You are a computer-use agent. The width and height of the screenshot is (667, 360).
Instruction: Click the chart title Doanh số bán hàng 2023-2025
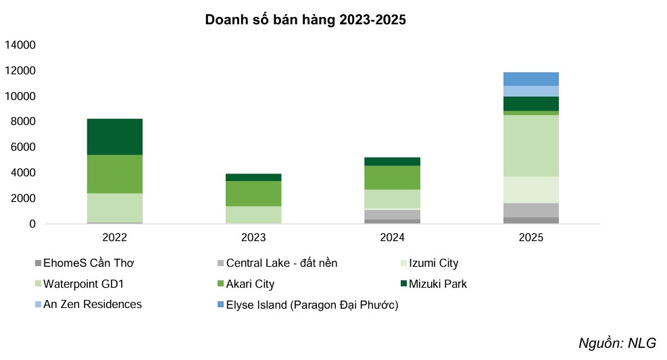coord(305,20)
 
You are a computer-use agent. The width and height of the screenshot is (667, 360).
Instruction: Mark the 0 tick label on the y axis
coord(31,224)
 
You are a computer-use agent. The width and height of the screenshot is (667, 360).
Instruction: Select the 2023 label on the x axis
coord(253,238)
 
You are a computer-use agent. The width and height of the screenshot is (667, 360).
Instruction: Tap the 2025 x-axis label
coord(531,238)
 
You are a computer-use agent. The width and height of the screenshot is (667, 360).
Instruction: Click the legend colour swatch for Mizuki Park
coord(404,284)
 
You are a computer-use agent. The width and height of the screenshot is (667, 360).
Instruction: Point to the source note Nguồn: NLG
coord(617,342)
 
